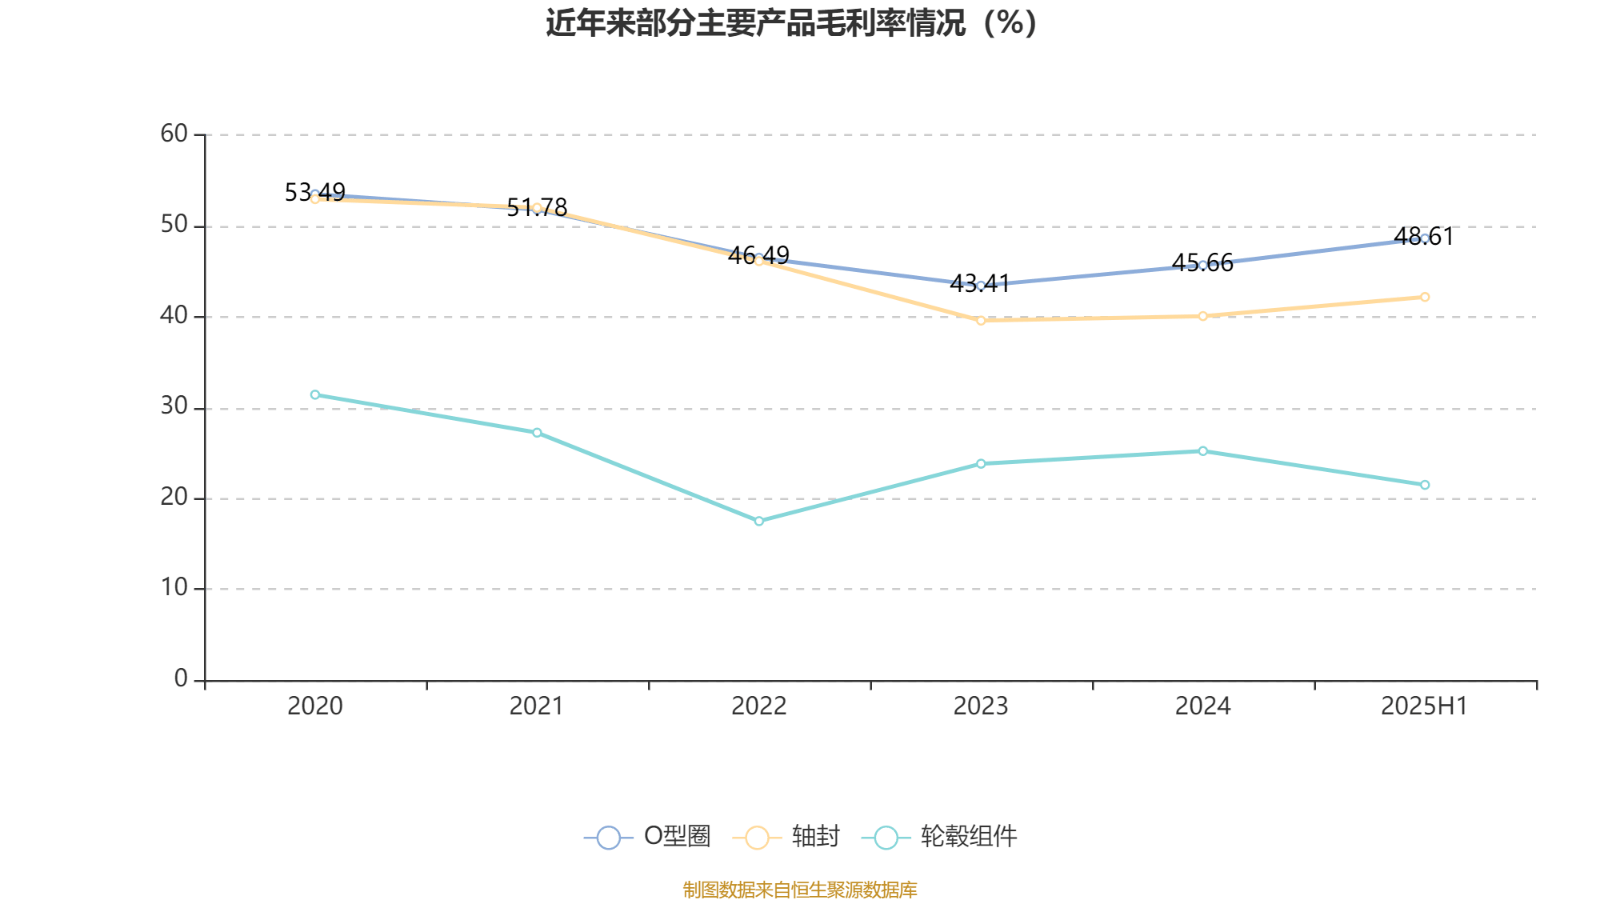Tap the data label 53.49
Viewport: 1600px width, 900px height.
tap(315, 192)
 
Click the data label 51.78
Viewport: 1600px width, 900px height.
tap(537, 207)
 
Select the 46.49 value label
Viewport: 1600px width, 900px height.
tap(759, 256)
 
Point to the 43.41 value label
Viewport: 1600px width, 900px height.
tap(980, 283)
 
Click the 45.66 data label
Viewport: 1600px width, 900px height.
tap(1202, 263)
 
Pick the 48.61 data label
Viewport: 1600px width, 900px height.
tap(1424, 237)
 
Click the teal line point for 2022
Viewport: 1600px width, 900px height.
tap(759, 521)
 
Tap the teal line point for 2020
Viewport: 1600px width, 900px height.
tap(315, 394)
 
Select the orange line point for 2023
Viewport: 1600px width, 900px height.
tap(981, 320)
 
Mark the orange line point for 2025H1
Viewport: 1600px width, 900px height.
tap(1425, 297)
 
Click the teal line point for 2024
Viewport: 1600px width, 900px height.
tap(1203, 451)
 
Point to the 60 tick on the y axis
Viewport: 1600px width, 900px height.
tap(174, 134)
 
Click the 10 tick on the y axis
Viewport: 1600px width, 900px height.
tap(174, 588)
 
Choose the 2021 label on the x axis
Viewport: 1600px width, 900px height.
tap(537, 706)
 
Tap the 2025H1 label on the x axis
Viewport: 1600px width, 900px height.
tap(1424, 706)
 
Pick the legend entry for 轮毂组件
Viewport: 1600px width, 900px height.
tap(940, 837)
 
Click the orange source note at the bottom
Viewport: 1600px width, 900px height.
tap(800, 889)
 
